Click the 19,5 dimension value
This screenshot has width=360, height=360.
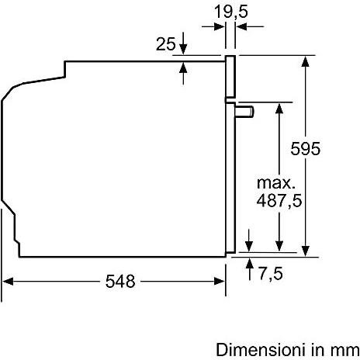tap(230, 12)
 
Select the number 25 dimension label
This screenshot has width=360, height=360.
tap(165, 43)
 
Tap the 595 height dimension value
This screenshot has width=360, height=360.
tap(305, 148)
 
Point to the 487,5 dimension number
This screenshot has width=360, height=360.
tap(279, 200)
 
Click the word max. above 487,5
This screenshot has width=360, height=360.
tap(276, 183)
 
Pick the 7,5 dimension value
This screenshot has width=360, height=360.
tap(271, 273)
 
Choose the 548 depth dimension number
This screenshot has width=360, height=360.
tap(120, 281)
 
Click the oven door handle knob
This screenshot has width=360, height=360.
tap(244, 112)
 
